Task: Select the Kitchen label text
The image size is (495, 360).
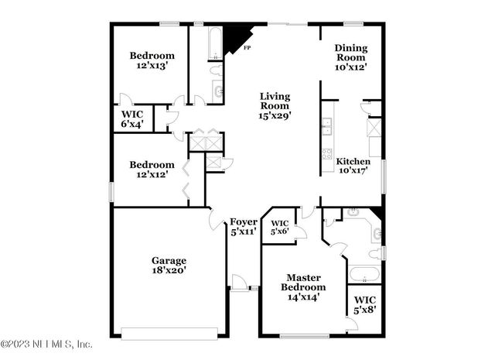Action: tap(351, 162)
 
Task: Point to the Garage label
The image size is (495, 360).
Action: tap(168, 261)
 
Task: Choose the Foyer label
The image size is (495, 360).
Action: tap(244, 222)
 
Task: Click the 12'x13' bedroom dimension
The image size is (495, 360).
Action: tap(152, 67)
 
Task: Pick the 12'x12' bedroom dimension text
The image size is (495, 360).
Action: tap(152, 175)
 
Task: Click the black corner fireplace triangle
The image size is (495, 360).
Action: tap(235, 39)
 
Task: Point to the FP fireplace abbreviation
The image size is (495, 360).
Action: tap(247, 49)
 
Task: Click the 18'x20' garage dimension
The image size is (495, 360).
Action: tap(168, 271)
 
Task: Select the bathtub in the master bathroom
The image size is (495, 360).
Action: tap(364, 274)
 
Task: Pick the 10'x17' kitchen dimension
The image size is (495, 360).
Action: tap(351, 171)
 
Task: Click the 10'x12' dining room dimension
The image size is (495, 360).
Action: tap(350, 67)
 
